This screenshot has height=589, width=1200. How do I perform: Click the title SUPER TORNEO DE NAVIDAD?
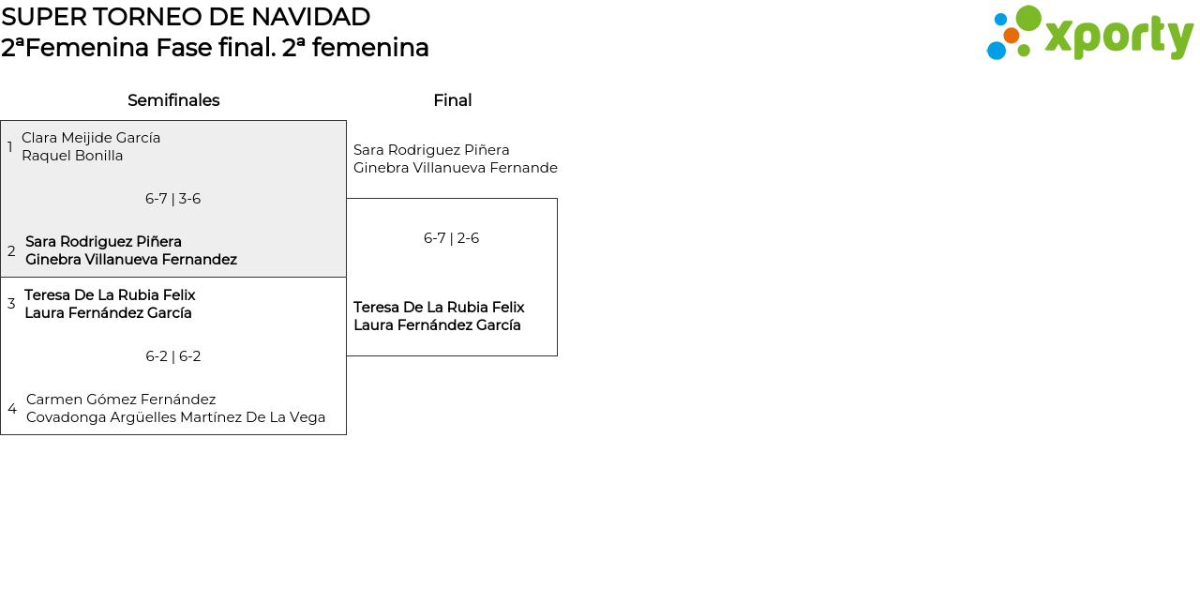186,17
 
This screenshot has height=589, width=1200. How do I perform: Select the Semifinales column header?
173,100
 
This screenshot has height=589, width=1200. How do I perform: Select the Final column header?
452,100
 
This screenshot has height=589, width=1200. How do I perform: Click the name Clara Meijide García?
91,138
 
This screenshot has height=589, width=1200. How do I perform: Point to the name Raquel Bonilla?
72,156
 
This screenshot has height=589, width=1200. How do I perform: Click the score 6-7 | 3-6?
172,199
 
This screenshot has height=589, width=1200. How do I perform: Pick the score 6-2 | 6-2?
172,356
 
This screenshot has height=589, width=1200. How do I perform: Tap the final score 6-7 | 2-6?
451,238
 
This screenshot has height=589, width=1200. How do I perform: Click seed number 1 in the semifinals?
10,147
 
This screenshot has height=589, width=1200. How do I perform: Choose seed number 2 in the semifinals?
11,251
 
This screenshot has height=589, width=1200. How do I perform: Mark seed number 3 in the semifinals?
11,304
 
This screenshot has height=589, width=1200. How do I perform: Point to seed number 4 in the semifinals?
12,409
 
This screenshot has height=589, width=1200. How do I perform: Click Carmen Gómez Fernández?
121,400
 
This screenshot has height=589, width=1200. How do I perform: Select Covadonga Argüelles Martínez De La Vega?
175,417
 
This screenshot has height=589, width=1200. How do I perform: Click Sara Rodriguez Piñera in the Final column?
431,150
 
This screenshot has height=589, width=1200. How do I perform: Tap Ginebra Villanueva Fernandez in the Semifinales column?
131,260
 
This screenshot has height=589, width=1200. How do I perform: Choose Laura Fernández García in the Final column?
437,325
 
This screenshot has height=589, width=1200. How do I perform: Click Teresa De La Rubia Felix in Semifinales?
110,295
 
